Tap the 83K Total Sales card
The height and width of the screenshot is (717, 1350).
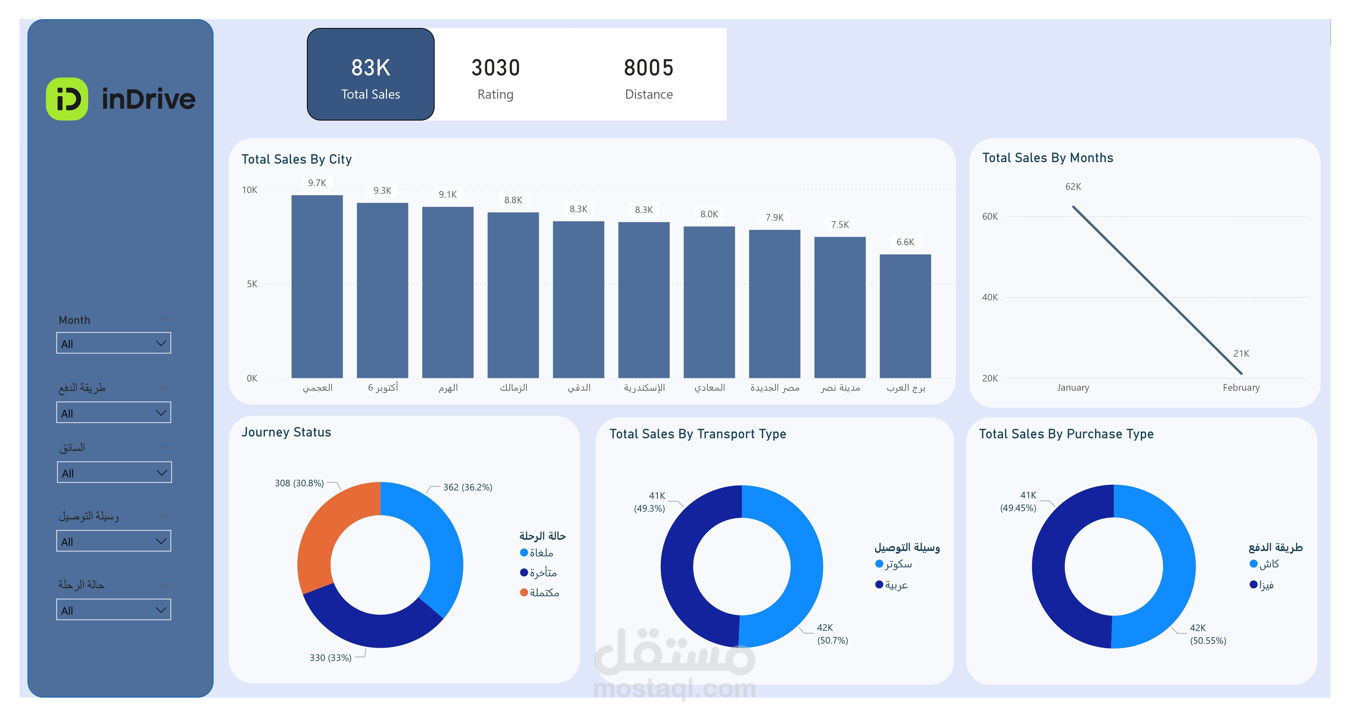coord(371,74)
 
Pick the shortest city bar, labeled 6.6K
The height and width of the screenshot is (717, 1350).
coord(905,316)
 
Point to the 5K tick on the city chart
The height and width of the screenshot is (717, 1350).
coord(252,284)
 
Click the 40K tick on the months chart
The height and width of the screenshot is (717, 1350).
coord(989,297)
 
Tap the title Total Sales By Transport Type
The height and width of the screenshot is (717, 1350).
coord(698,434)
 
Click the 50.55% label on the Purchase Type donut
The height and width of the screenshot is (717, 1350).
coord(1208,641)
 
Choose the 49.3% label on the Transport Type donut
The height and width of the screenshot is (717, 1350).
coord(649,508)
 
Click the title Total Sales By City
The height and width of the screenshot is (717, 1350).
coord(296,159)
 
